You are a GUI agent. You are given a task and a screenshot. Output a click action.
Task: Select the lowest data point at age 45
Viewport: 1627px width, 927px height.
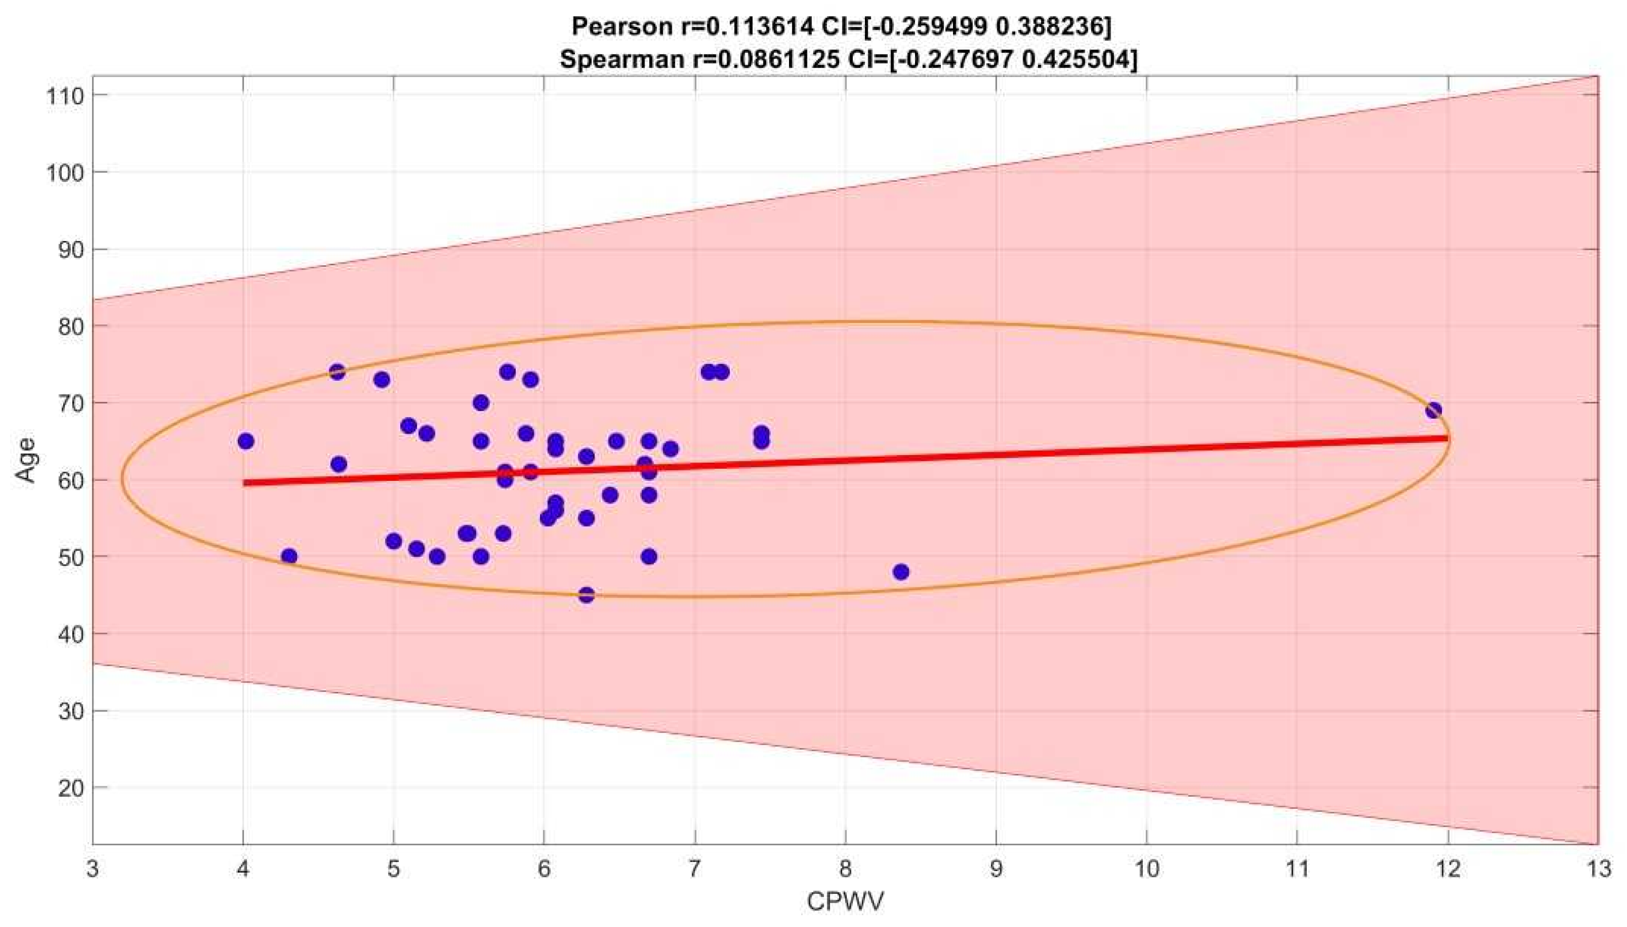[x=586, y=595]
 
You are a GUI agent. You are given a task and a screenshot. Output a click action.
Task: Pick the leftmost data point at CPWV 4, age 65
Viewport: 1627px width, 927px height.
[x=246, y=441]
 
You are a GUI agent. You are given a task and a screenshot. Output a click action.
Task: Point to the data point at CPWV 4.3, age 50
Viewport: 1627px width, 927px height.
[x=289, y=556]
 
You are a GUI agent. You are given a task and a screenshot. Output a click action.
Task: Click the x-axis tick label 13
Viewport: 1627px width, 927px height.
[x=1597, y=868]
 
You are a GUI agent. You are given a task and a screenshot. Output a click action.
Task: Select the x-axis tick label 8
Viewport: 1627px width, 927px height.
[x=845, y=868]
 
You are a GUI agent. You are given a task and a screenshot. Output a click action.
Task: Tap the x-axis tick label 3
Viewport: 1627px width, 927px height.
[x=93, y=868]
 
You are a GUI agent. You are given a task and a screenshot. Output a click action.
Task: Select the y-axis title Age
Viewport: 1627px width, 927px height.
[x=27, y=460]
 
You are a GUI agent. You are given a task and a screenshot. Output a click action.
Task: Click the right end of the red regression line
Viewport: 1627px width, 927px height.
[x=1446, y=438]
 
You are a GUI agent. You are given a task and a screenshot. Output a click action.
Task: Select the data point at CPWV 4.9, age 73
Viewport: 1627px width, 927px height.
[x=381, y=380]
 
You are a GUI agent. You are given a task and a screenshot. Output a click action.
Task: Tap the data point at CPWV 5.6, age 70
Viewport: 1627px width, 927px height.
[x=481, y=403]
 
